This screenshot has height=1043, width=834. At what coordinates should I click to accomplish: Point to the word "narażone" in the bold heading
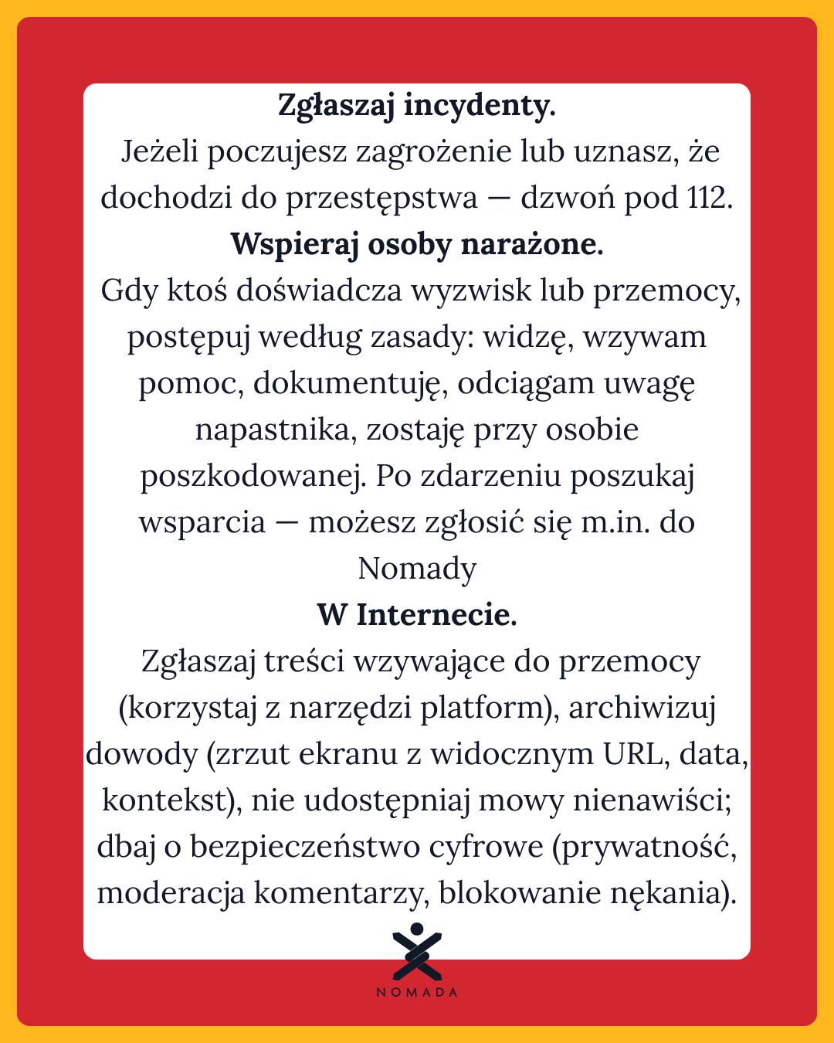pos(531,245)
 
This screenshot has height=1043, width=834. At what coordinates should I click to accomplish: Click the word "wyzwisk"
pos(471,291)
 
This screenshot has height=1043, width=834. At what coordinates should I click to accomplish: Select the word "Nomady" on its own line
pos(417,569)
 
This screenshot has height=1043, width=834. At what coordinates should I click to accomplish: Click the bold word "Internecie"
pos(436,616)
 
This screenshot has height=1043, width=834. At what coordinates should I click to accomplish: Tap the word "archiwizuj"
pos(642,708)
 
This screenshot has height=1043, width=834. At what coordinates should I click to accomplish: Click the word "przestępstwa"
pos(381,199)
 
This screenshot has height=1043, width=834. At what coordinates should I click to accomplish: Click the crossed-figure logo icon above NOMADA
pos(417,953)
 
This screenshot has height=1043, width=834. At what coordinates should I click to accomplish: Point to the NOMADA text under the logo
pos(417,993)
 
